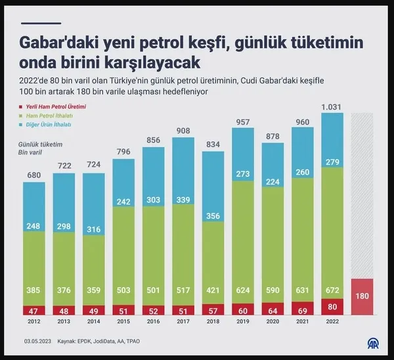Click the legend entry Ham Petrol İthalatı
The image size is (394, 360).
click(49, 116)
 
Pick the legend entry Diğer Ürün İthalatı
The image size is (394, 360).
click(49, 124)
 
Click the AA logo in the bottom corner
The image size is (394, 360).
click(372, 344)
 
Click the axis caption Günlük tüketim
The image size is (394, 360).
click(36, 143)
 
